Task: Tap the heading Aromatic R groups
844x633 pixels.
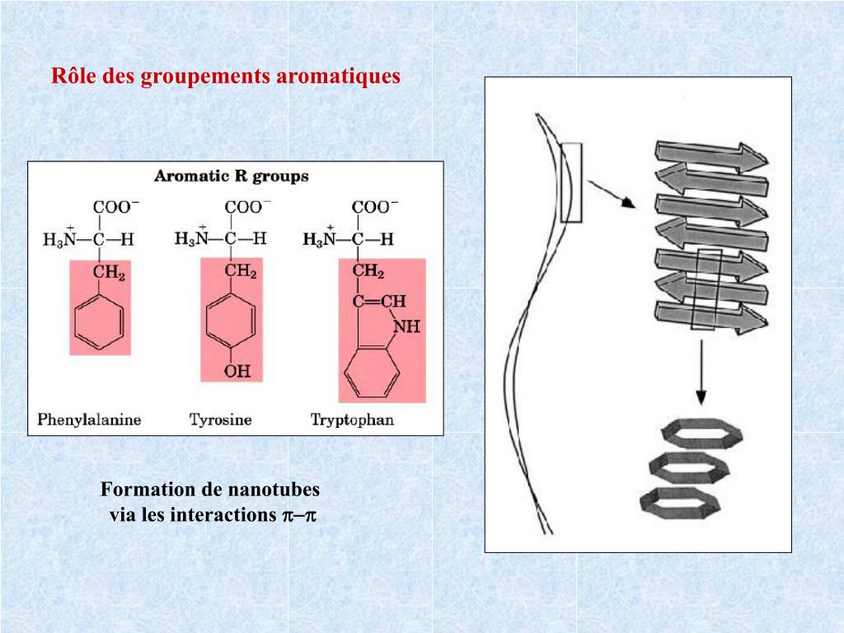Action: tap(232, 176)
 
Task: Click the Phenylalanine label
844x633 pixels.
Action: tap(89, 419)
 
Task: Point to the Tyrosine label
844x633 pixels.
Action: tap(220, 419)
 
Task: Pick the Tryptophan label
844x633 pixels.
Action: tap(352, 419)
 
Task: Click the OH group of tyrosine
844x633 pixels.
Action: tap(237, 371)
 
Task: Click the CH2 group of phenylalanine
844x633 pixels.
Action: tap(109, 274)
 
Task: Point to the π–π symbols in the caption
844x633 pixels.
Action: tap(300, 515)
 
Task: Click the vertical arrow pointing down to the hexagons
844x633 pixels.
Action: tap(701, 372)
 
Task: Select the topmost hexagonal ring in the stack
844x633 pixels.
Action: tap(692, 434)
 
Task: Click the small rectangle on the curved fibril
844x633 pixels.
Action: tap(570, 182)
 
